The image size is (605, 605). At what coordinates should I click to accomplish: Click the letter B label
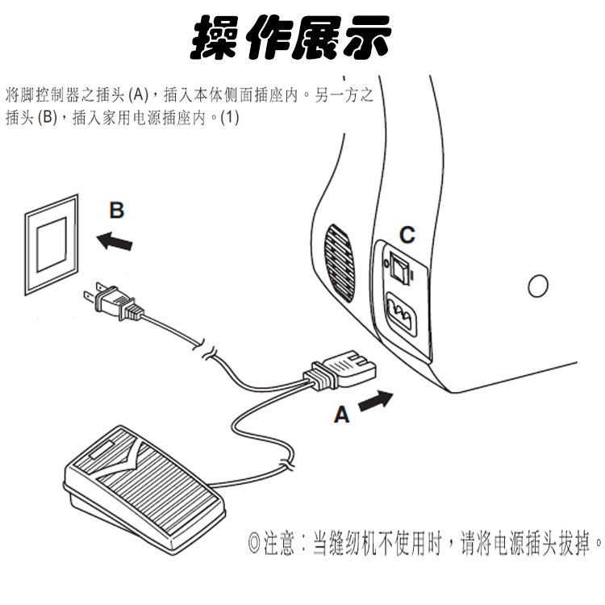[x=117, y=211]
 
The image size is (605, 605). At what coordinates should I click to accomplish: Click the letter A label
[x=342, y=415]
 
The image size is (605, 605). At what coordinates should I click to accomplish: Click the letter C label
[x=407, y=235]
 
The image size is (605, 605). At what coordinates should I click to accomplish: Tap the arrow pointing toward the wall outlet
[x=114, y=240]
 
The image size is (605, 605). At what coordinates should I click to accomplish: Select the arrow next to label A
[x=376, y=401]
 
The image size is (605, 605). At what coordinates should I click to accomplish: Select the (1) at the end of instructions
[x=231, y=117]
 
